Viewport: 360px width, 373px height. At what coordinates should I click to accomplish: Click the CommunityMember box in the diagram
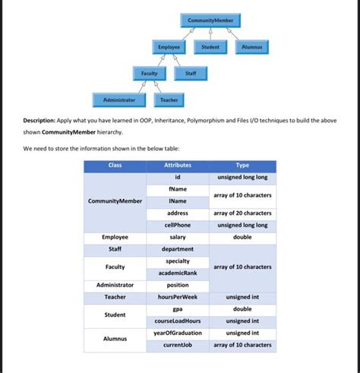click(210, 20)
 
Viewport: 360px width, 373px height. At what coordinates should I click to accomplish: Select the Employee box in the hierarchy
click(169, 47)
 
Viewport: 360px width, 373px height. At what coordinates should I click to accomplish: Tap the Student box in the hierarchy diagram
click(210, 47)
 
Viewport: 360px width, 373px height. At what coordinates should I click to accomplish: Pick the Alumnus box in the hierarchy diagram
click(251, 47)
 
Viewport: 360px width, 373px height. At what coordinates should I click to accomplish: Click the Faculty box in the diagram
click(150, 74)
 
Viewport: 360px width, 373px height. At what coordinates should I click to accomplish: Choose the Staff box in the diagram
click(191, 74)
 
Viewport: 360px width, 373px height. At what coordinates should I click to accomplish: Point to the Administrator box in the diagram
click(114, 100)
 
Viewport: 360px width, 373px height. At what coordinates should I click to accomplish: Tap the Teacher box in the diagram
click(169, 100)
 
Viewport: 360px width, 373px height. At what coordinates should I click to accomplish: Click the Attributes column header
click(178, 166)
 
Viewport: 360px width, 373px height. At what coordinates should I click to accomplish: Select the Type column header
click(242, 166)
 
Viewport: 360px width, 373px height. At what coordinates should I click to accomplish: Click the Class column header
click(115, 166)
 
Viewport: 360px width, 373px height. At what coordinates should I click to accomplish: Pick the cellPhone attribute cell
click(178, 226)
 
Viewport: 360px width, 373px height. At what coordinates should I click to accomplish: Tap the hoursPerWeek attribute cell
click(178, 297)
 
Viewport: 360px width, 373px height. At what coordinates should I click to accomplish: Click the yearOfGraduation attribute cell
click(178, 333)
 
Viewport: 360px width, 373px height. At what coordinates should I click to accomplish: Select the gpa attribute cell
click(178, 309)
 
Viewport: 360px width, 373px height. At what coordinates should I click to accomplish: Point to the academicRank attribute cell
click(178, 273)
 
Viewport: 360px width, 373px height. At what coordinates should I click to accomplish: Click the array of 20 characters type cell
click(242, 213)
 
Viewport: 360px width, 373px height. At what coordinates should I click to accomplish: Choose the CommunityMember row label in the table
click(115, 201)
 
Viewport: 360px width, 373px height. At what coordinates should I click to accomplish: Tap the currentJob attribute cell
click(178, 345)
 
